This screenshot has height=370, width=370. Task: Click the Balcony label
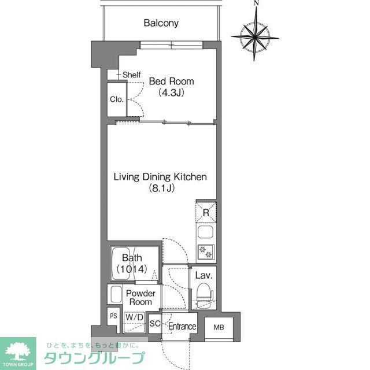161,24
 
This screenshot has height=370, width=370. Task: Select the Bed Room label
172,81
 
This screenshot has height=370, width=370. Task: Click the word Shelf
131,75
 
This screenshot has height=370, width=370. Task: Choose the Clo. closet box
117,99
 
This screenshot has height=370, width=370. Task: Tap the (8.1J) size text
161,188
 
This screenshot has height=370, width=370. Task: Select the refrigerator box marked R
206,212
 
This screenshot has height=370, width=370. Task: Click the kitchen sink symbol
206,232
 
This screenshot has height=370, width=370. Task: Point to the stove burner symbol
206,251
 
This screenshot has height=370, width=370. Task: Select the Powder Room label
140,298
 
